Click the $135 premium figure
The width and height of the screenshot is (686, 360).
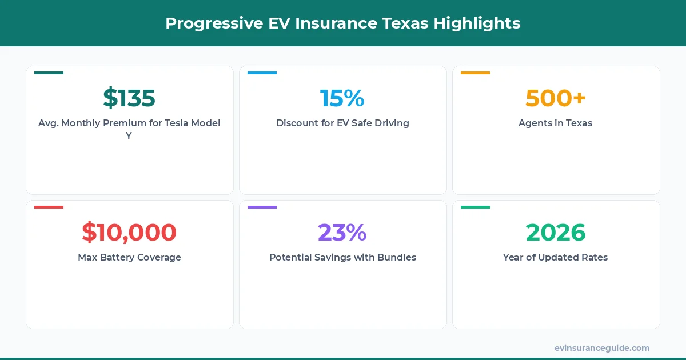point(129,98)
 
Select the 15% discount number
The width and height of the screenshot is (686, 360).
point(342,98)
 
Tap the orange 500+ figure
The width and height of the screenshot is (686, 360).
point(556,98)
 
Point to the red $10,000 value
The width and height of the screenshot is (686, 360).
point(129,233)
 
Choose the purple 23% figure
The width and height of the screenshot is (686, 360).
point(342,233)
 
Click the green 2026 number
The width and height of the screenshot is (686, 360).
point(556,233)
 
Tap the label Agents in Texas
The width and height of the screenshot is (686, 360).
point(555,123)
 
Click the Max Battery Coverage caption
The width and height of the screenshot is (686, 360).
point(129,257)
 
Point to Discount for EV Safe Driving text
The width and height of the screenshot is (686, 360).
point(342,123)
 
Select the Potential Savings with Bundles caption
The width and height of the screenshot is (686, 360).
point(342,257)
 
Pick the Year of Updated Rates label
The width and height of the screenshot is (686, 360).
point(555,257)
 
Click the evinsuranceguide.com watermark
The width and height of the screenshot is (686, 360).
point(601,348)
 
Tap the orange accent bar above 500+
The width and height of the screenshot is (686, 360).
point(475,73)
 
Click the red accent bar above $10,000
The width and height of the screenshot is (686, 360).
point(49,207)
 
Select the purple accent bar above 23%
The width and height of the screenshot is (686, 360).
point(262,207)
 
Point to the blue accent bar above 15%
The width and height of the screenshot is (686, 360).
point(262,73)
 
